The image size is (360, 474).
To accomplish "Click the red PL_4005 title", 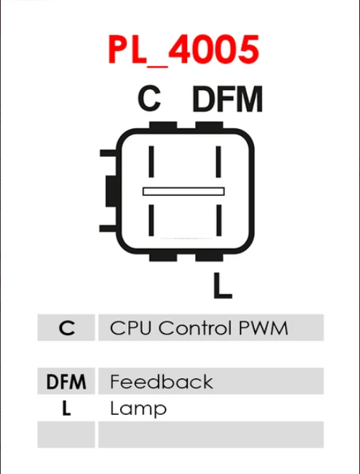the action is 184,50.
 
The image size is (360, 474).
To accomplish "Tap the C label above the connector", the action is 149,98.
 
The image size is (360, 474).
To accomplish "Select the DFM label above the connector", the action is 228,99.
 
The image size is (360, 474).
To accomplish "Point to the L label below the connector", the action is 222,285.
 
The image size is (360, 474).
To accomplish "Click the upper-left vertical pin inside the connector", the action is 151,161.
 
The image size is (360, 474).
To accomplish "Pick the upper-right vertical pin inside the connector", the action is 219,161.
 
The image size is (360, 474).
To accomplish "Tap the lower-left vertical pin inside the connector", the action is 151,220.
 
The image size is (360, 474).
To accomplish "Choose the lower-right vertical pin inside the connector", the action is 219,220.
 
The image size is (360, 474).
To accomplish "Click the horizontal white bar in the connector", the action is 184,192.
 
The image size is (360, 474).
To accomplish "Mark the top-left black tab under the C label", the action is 163,125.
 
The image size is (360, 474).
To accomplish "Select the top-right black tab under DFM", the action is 210,125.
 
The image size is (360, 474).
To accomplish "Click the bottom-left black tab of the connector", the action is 163,257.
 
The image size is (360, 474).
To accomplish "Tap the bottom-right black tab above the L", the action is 210,257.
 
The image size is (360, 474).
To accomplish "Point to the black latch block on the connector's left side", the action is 111,191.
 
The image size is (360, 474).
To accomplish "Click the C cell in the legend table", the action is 66,327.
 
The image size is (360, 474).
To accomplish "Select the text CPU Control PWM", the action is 199,328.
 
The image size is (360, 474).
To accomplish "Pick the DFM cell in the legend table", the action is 66,381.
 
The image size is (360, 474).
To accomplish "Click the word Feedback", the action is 161,382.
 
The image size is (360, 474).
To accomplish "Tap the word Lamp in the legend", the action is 138,408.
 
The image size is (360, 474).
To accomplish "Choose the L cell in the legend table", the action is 66,408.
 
